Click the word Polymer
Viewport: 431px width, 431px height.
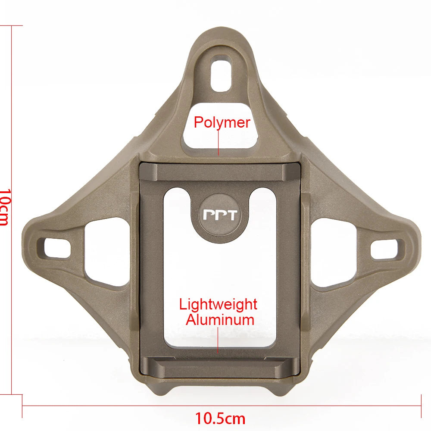pos(222,122)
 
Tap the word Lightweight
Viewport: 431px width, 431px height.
pos(218,305)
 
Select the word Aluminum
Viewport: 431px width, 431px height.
pos(220,320)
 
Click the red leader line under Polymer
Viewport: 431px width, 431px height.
pos(219,142)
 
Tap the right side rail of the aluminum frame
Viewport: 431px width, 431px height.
pos(288,267)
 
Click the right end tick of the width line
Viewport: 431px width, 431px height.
pos(421,406)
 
